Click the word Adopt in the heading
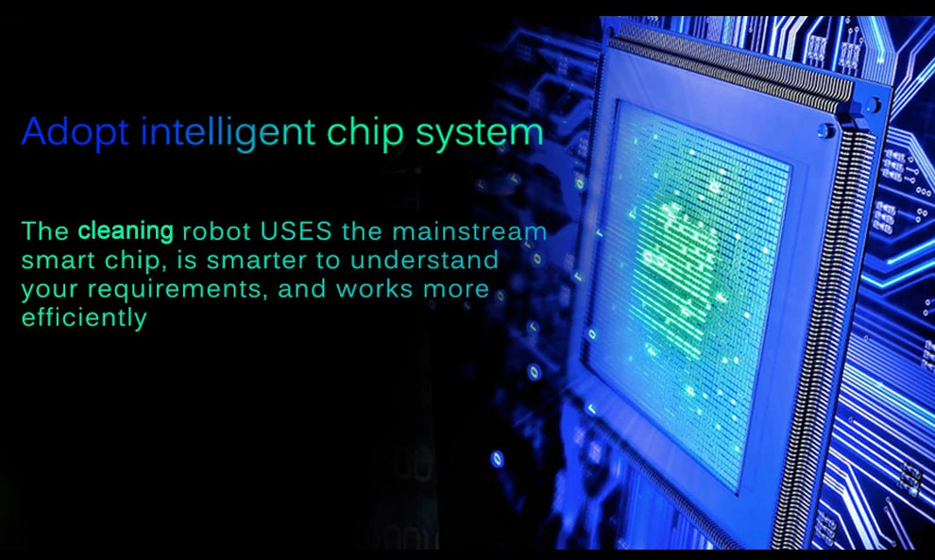click(x=76, y=132)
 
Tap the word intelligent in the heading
click(x=228, y=132)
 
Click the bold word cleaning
click(x=126, y=230)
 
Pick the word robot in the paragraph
click(x=216, y=232)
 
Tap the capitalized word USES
click(x=296, y=231)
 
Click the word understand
click(x=425, y=260)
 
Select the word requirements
click(x=174, y=289)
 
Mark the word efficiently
click(x=84, y=318)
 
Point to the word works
click(x=375, y=289)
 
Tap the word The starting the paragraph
click(x=45, y=231)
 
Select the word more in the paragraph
click(x=456, y=290)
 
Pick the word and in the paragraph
click(x=302, y=289)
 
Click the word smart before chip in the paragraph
click(x=58, y=261)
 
